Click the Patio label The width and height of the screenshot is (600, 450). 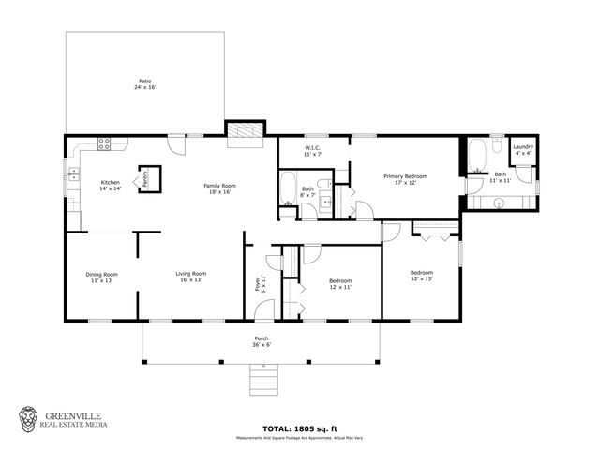pyautogui.click(x=144, y=83)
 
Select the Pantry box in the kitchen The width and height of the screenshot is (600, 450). pyautogui.click(x=145, y=177)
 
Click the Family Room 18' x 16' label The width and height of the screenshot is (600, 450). pyautogui.click(x=220, y=188)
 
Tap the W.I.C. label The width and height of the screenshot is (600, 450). pyautogui.click(x=313, y=150)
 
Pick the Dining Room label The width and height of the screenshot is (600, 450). pyautogui.click(x=102, y=277)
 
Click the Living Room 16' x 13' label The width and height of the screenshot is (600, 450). pyautogui.click(x=190, y=277)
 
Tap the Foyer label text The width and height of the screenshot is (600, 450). pyautogui.click(x=260, y=283)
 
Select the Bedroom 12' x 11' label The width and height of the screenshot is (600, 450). pyautogui.click(x=340, y=283)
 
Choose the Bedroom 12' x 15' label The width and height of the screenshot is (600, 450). pyautogui.click(x=422, y=275)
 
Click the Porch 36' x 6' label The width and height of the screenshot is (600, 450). pyautogui.click(x=262, y=342)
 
